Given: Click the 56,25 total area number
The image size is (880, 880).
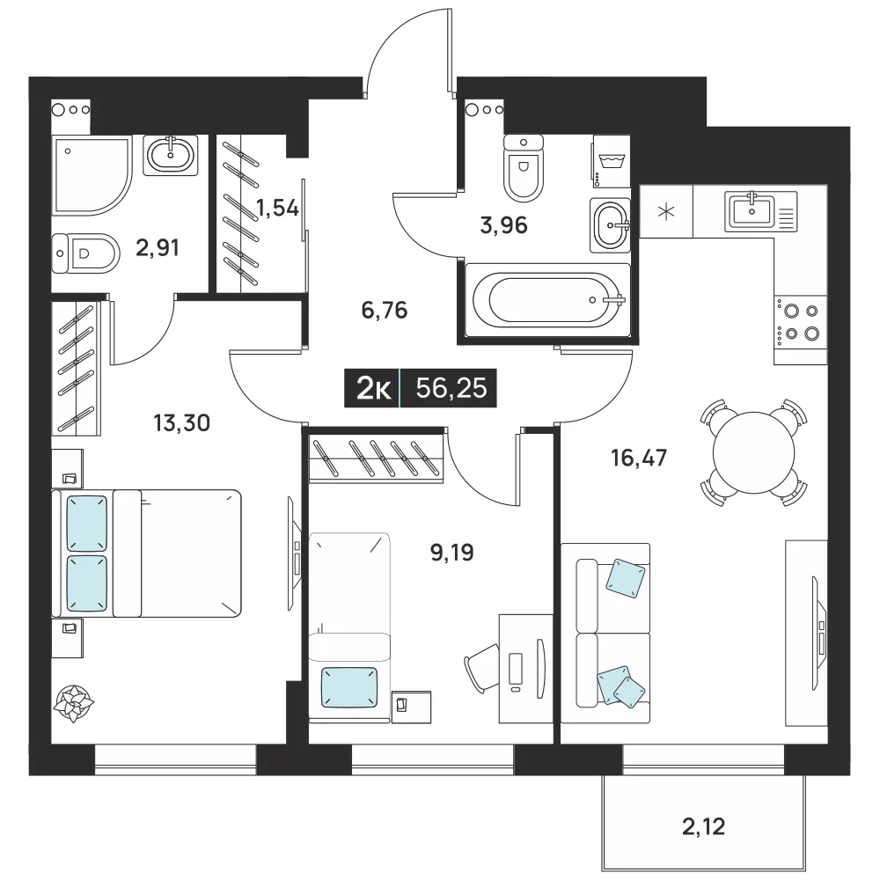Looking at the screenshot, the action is (451, 388).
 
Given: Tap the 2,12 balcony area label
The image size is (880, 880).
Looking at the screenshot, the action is (703, 826).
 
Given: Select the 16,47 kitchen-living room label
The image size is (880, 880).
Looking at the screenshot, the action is (639, 458).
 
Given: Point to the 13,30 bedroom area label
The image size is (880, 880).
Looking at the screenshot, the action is (182, 422).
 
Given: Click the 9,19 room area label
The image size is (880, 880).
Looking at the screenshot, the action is (451, 553).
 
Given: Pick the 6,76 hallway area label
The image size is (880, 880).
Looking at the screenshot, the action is (385, 310).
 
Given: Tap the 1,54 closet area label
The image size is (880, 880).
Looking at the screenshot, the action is (277, 209).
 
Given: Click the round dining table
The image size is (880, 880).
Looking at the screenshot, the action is (754, 452).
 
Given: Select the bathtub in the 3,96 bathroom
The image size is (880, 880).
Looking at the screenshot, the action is (547, 300).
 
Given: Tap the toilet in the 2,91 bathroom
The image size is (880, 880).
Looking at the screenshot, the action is (86, 253).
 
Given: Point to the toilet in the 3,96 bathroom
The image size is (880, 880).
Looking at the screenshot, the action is (524, 167).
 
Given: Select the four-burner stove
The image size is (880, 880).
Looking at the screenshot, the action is (800, 322).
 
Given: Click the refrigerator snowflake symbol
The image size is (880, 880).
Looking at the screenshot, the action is (667, 212).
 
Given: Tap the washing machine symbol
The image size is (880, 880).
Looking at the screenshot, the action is (612, 162).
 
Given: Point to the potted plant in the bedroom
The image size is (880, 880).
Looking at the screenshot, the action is (74, 703).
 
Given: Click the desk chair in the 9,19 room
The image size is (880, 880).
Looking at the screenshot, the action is (481, 669).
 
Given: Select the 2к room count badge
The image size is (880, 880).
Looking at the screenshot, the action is (372, 388).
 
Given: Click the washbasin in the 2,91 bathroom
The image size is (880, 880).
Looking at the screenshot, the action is (170, 155).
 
